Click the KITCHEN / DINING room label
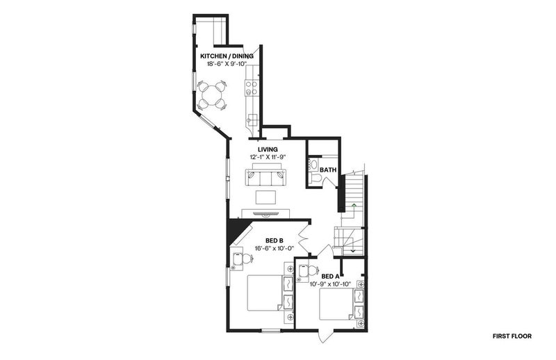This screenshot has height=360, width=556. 227,56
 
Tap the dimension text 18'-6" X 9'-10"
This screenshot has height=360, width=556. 227,64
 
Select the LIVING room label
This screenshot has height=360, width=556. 268,149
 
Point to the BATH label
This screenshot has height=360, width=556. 328,170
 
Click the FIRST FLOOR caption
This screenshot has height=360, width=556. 512,336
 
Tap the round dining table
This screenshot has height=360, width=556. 212,95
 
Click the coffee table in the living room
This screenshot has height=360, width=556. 266,197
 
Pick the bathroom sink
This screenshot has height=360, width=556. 313,164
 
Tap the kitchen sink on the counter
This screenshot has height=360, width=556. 253,119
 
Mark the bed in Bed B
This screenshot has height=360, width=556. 265,293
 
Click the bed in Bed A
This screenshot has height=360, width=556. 336,304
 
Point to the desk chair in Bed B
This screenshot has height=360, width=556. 246,259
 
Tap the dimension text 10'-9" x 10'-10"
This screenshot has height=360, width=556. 330,284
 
